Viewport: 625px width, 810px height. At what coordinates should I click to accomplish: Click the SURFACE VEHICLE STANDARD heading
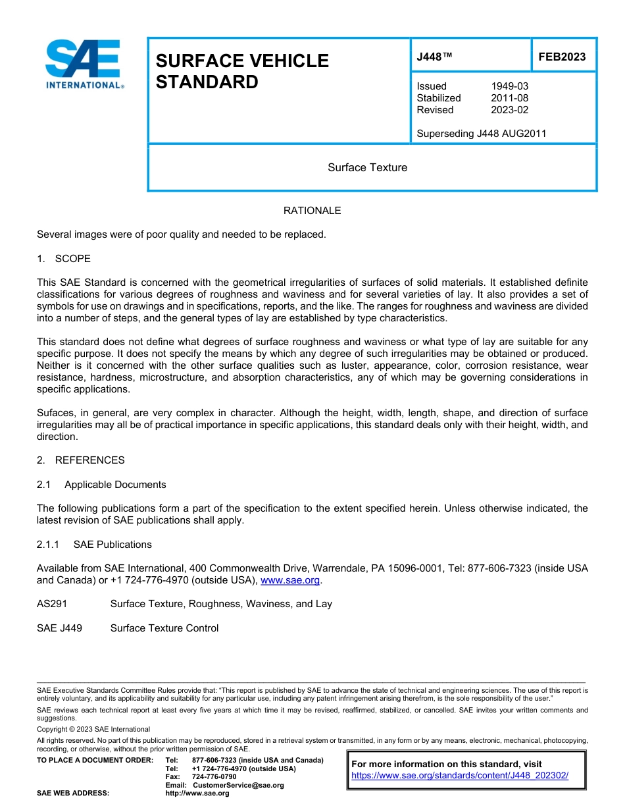click(x=241, y=71)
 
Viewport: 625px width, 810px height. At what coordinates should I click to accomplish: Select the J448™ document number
click(x=434, y=57)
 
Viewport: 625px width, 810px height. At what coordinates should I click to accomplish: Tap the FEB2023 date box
click(x=562, y=57)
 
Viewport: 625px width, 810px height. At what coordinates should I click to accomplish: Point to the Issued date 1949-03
click(x=509, y=86)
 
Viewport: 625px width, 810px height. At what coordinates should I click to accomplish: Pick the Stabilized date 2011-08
click(x=509, y=98)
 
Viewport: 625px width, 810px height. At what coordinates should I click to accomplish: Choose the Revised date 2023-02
click(x=509, y=110)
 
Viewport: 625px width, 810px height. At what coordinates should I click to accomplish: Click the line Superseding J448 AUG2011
click(x=481, y=134)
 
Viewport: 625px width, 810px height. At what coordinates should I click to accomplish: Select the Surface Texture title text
click(x=367, y=167)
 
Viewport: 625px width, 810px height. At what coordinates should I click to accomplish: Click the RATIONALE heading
click(x=312, y=211)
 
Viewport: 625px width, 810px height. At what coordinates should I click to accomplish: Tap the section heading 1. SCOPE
click(x=64, y=258)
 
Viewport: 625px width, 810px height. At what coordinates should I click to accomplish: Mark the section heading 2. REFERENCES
click(x=80, y=460)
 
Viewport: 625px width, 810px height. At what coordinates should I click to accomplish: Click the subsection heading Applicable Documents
click(x=115, y=484)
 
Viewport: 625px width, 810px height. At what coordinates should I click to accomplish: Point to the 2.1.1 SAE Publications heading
click(x=94, y=544)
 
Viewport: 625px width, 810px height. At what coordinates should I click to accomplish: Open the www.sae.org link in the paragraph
click(x=290, y=580)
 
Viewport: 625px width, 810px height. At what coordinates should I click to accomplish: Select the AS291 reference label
click(x=52, y=604)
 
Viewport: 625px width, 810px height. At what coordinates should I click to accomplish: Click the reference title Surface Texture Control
click(x=164, y=628)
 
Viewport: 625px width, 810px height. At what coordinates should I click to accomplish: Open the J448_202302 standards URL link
click(x=459, y=776)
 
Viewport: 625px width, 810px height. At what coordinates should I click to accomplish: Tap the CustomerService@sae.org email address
click(x=238, y=785)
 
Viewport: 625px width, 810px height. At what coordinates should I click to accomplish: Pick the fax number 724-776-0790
click(x=214, y=777)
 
